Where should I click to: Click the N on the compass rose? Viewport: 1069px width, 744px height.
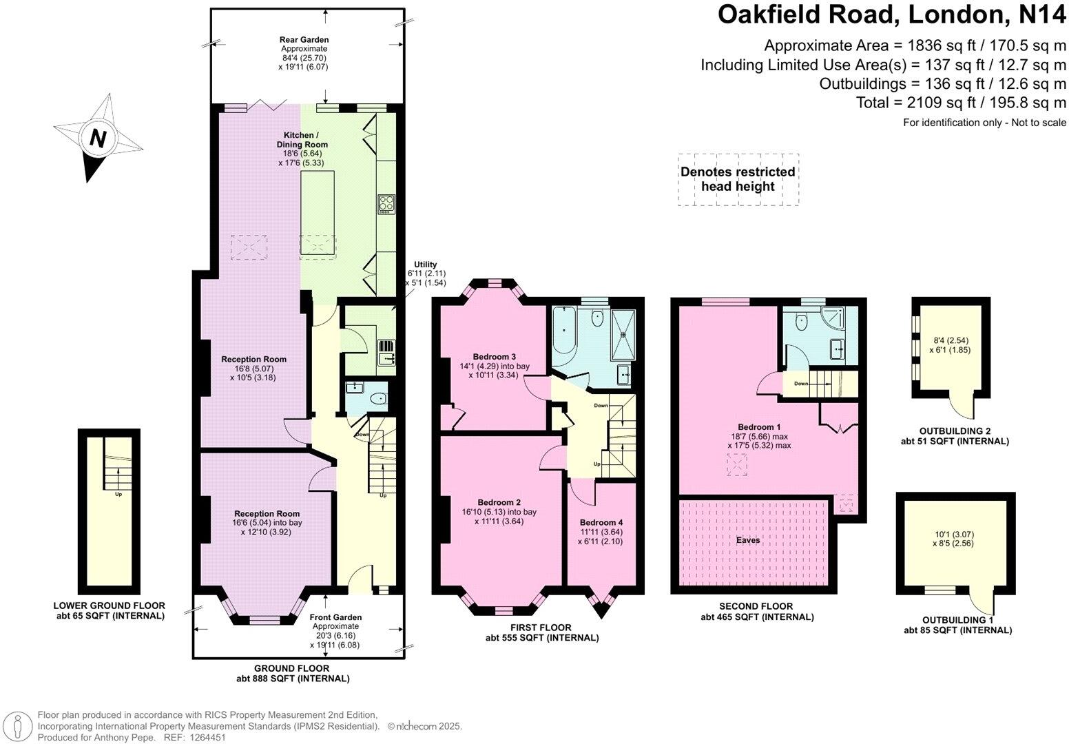tap(98, 139)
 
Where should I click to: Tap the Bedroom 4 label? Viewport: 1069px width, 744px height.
tap(601, 522)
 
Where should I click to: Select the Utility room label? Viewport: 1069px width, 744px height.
tap(425, 265)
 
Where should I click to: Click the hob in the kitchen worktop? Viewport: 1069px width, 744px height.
tap(385, 205)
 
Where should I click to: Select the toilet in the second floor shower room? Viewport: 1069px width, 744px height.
tap(800, 321)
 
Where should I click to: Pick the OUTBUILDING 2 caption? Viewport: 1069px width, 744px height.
tap(954, 431)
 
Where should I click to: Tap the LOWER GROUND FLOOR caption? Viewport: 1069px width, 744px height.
tap(110, 606)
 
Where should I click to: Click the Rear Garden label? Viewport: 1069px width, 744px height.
tap(304, 40)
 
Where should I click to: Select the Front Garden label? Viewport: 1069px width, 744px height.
tap(335, 617)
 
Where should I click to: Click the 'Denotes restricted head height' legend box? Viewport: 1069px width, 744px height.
tap(738, 179)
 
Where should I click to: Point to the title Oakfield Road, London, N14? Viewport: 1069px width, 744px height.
tap(891, 14)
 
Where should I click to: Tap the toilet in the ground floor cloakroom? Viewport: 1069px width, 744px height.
tap(378, 399)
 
